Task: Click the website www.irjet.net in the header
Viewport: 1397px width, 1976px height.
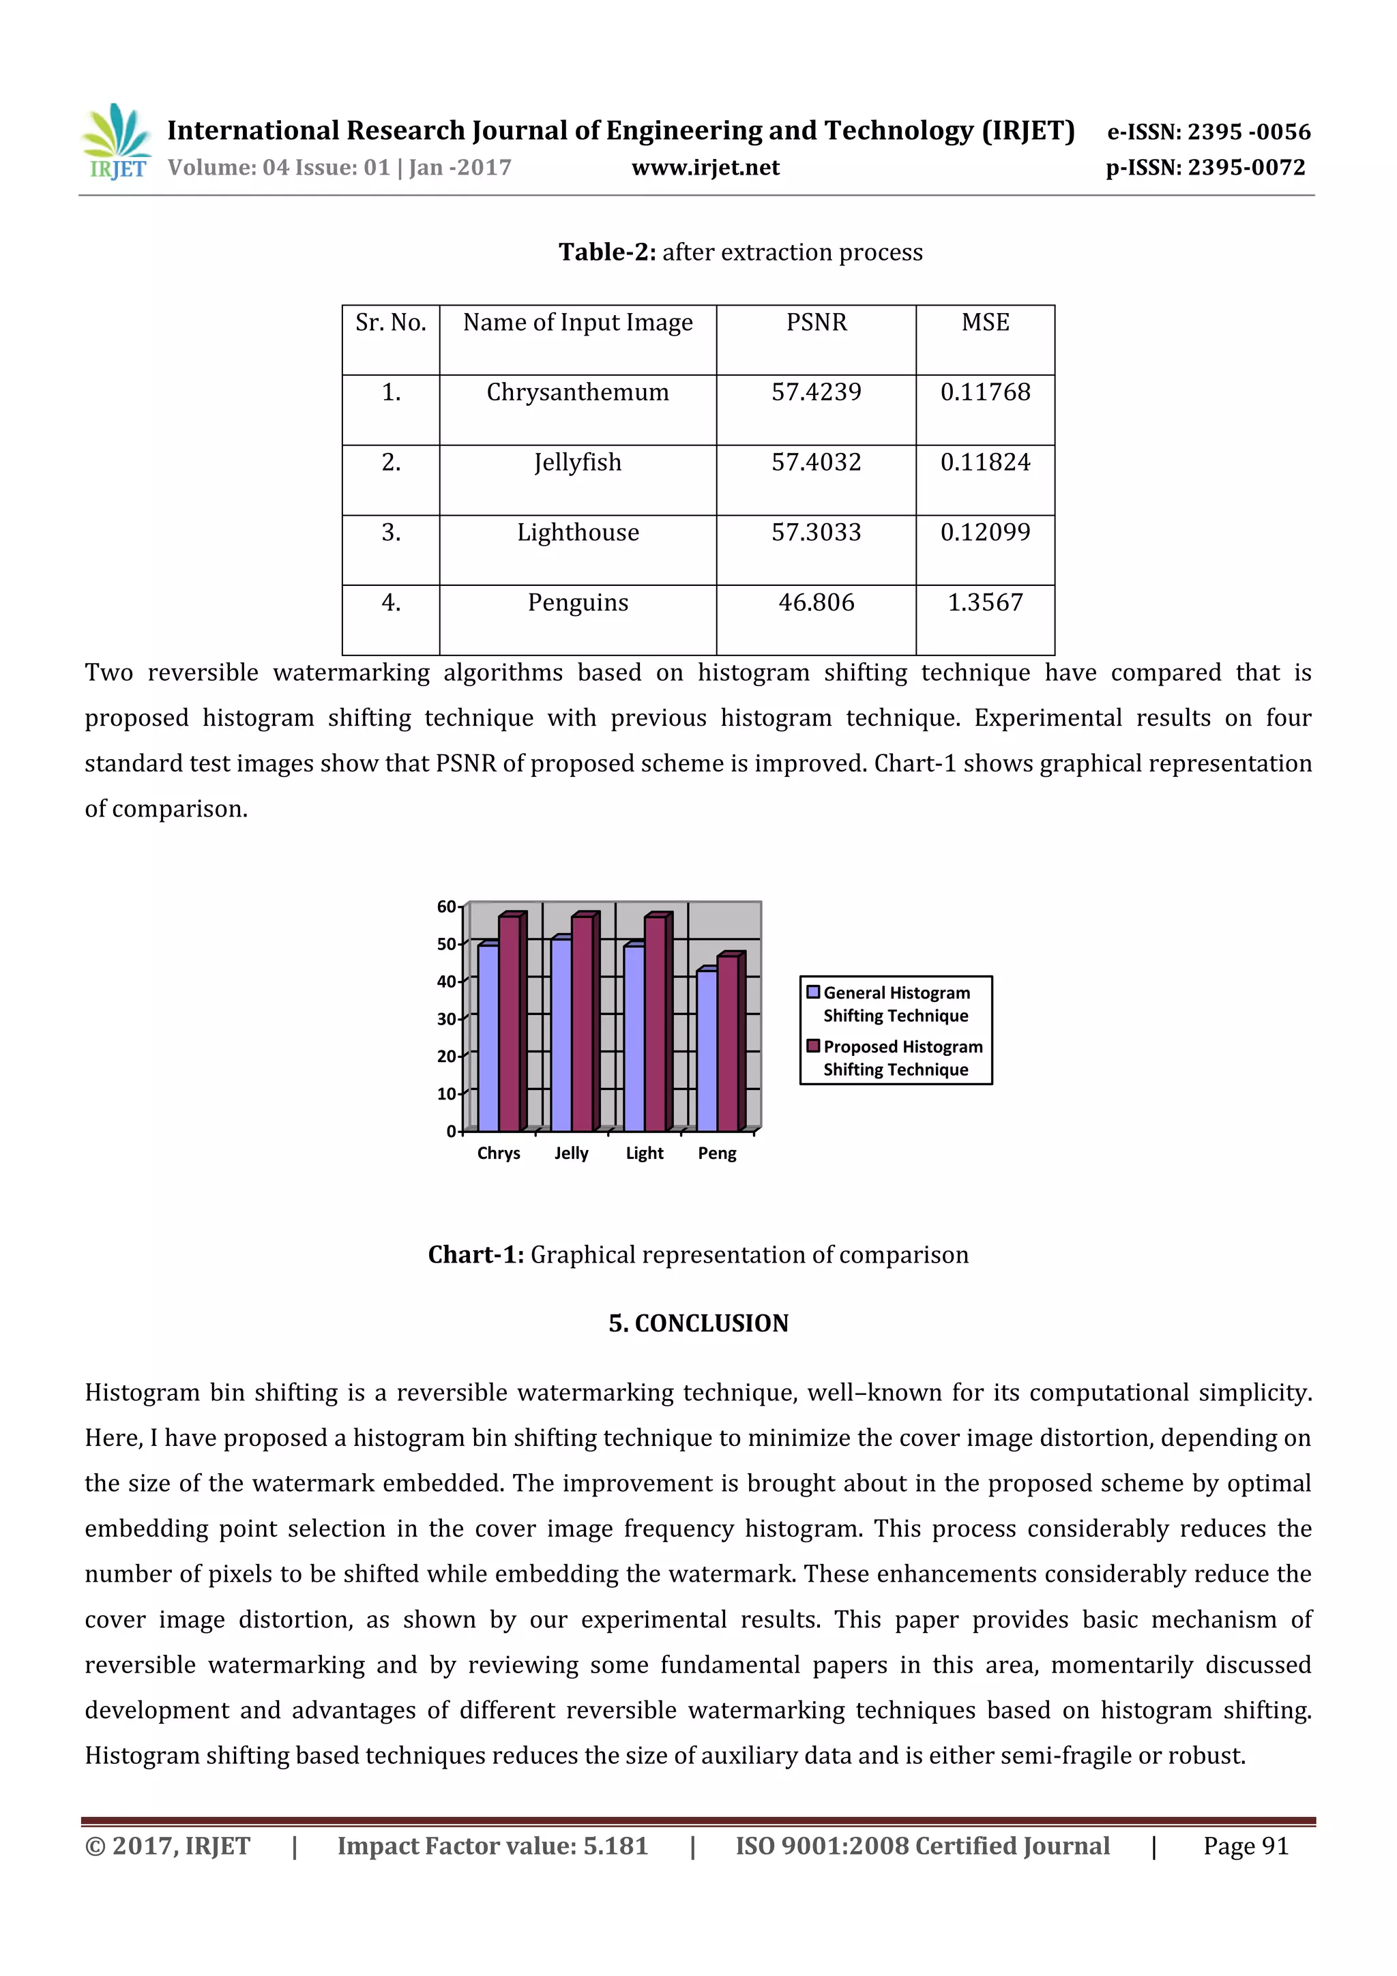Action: (705, 168)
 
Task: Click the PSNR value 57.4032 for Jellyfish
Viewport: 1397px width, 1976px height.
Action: (816, 463)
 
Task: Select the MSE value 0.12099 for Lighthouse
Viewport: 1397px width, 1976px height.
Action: (985, 533)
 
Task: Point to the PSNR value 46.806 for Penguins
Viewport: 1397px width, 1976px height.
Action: (816, 602)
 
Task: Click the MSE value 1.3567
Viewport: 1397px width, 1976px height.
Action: (985, 602)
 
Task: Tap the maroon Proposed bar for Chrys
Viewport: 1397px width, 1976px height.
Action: (510, 1024)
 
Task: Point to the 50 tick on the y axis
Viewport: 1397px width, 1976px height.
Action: (446, 944)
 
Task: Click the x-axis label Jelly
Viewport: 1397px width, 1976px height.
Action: (571, 1153)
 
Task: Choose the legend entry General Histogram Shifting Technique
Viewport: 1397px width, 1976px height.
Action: (895, 1004)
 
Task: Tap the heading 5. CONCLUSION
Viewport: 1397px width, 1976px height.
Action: (698, 1324)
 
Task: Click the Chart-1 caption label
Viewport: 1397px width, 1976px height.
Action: (476, 1255)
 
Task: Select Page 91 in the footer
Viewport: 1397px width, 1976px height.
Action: (1245, 1846)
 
